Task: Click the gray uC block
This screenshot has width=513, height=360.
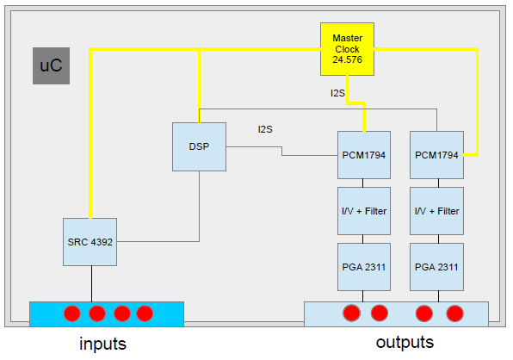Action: click(51, 65)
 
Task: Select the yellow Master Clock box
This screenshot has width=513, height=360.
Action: click(347, 49)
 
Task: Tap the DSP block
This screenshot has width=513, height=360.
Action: click(199, 146)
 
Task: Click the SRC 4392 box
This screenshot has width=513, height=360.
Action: click(90, 242)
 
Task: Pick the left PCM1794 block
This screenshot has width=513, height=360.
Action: click(364, 155)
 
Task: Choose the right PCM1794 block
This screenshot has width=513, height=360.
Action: click(436, 155)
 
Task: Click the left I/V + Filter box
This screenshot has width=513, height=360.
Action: click(364, 211)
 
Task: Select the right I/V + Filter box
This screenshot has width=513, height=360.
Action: click(436, 211)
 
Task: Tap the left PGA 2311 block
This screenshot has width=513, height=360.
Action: click(364, 267)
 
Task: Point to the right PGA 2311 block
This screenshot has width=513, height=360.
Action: click(436, 267)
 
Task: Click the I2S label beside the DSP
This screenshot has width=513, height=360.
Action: click(265, 129)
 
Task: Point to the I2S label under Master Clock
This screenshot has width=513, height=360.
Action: click(337, 93)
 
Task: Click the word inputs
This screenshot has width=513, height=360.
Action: click(102, 344)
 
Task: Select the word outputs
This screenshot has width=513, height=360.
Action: click(405, 342)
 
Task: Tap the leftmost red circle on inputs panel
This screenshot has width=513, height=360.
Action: click(72, 313)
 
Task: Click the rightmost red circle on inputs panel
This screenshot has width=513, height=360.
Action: click(145, 313)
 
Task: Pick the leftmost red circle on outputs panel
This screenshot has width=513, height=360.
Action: click(352, 313)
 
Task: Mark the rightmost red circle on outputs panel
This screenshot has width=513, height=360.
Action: click(454, 313)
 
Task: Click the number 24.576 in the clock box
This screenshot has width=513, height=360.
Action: click(348, 59)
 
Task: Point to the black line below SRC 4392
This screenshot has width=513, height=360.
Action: click(91, 283)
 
